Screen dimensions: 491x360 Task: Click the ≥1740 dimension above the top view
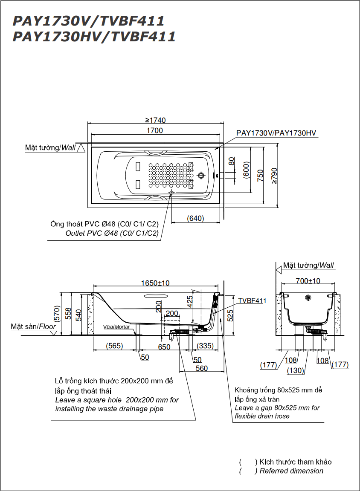(155, 120)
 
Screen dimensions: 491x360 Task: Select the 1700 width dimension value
(154, 131)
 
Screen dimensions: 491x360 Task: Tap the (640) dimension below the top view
(195, 218)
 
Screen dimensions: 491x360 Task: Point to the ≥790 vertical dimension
(274, 175)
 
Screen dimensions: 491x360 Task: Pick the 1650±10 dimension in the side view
(155, 283)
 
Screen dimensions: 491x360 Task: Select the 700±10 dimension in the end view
(309, 281)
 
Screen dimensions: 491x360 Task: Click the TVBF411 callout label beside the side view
(252, 300)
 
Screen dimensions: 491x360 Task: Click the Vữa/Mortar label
(116, 327)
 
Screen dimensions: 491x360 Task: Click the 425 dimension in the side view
(190, 301)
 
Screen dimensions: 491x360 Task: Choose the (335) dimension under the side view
(206, 346)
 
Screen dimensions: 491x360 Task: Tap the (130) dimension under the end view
(295, 370)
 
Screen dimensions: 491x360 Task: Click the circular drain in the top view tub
(201, 175)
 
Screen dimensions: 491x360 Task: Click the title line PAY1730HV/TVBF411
(94, 37)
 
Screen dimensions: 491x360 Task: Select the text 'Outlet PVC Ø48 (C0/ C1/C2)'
(112, 233)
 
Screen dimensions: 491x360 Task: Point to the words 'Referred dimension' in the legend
(291, 471)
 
